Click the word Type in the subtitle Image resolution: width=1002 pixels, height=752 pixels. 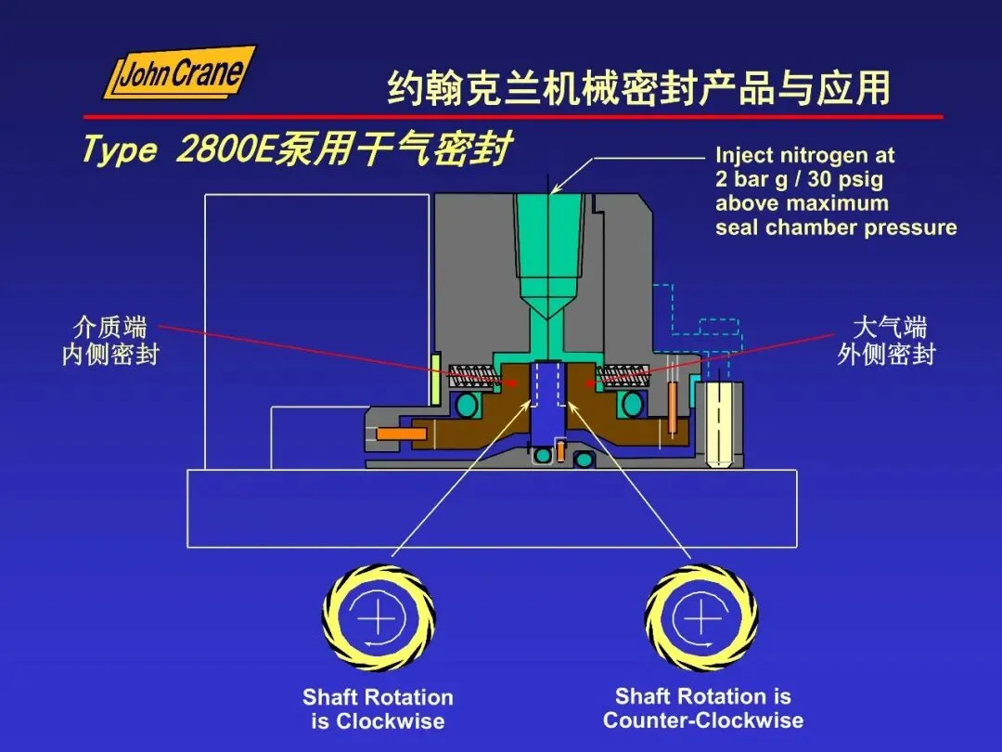[118, 149]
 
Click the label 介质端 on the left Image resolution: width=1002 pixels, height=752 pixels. [109, 327]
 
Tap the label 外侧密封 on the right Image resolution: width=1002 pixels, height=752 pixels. [886, 355]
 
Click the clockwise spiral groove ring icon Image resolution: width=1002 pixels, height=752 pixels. [379, 617]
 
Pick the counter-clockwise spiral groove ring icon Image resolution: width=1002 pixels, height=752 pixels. [701, 617]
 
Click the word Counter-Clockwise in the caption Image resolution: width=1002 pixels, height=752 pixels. [703, 720]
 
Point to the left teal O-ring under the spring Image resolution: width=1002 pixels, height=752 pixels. [468, 405]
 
